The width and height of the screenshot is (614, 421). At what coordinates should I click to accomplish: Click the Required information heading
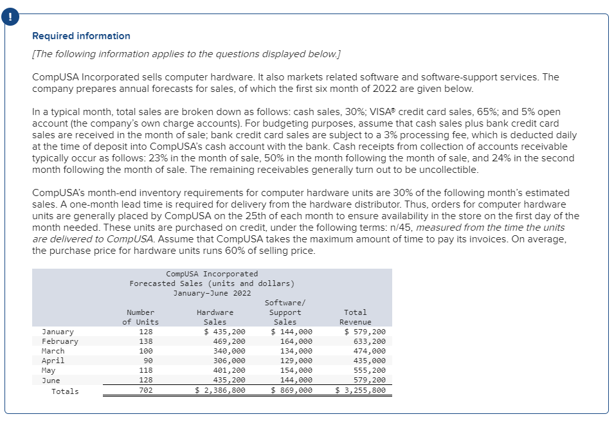point(81,36)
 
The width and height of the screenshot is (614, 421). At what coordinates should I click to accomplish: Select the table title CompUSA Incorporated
point(212,274)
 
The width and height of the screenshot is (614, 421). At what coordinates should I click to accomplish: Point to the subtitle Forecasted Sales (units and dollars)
point(212,283)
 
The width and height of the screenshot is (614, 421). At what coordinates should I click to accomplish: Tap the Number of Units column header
point(140,317)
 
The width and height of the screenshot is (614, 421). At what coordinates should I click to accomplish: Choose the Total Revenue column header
point(356,317)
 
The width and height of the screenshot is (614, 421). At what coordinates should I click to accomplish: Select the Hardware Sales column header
point(215,317)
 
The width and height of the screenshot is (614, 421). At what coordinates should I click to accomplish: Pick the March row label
point(53,351)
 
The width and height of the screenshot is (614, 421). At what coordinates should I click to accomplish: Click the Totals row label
point(65,391)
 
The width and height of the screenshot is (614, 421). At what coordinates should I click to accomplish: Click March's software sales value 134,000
point(296,351)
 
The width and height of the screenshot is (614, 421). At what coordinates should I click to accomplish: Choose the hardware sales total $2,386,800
point(220,390)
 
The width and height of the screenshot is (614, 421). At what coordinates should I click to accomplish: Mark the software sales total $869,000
point(292,390)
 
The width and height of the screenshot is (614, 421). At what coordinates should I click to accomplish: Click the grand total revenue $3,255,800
point(361,390)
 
